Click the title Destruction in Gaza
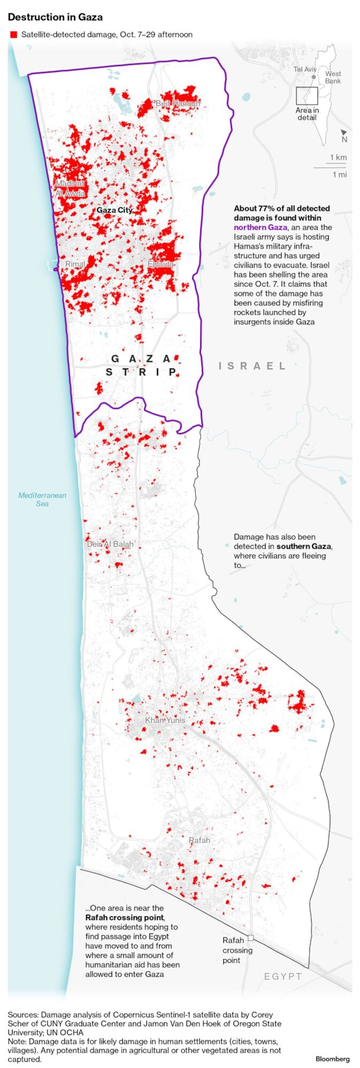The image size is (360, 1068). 55,17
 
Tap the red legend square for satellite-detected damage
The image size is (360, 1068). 14,35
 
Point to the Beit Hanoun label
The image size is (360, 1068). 177,103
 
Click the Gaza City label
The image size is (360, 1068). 114,210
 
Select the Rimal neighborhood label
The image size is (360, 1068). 75,264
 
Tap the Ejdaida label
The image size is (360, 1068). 161,264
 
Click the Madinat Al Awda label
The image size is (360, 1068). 70,188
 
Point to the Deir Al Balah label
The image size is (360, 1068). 110,544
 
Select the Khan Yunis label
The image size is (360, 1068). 165,720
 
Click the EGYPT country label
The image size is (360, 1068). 283,976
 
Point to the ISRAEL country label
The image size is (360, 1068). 252,366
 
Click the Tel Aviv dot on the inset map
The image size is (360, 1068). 314,77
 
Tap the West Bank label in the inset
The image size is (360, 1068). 333,77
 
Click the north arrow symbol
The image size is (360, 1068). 344,133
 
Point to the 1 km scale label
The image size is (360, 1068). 338,157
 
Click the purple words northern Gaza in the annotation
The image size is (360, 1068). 260,227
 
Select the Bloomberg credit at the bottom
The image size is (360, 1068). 332,1059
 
